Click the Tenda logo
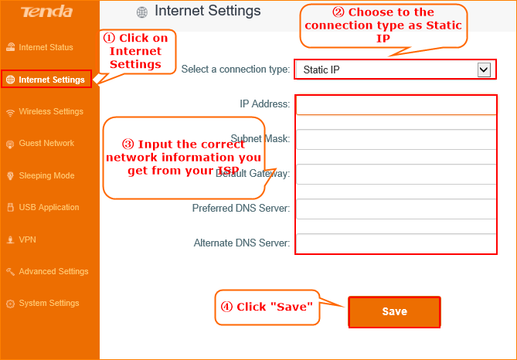click(46, 12)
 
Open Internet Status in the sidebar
click(39, 47)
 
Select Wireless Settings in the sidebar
click(45, 112)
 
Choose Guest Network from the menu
click(40, 144)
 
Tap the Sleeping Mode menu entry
click(40, 175)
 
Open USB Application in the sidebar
click(43, 207)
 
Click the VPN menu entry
click(21, 239)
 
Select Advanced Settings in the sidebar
click(47, 271)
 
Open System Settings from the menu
click(43, 304)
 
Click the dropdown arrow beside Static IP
click(484, 70)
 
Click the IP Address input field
click(396, 105)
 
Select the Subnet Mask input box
click(396, 140)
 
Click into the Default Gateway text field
click(396, 174)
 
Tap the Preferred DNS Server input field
click(396, 209)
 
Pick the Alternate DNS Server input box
click(396, 243)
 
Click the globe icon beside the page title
click(141, 12)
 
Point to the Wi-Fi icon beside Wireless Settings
click(11, 113)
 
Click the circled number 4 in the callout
click(226, 307)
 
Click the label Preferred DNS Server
click(241, 209)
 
